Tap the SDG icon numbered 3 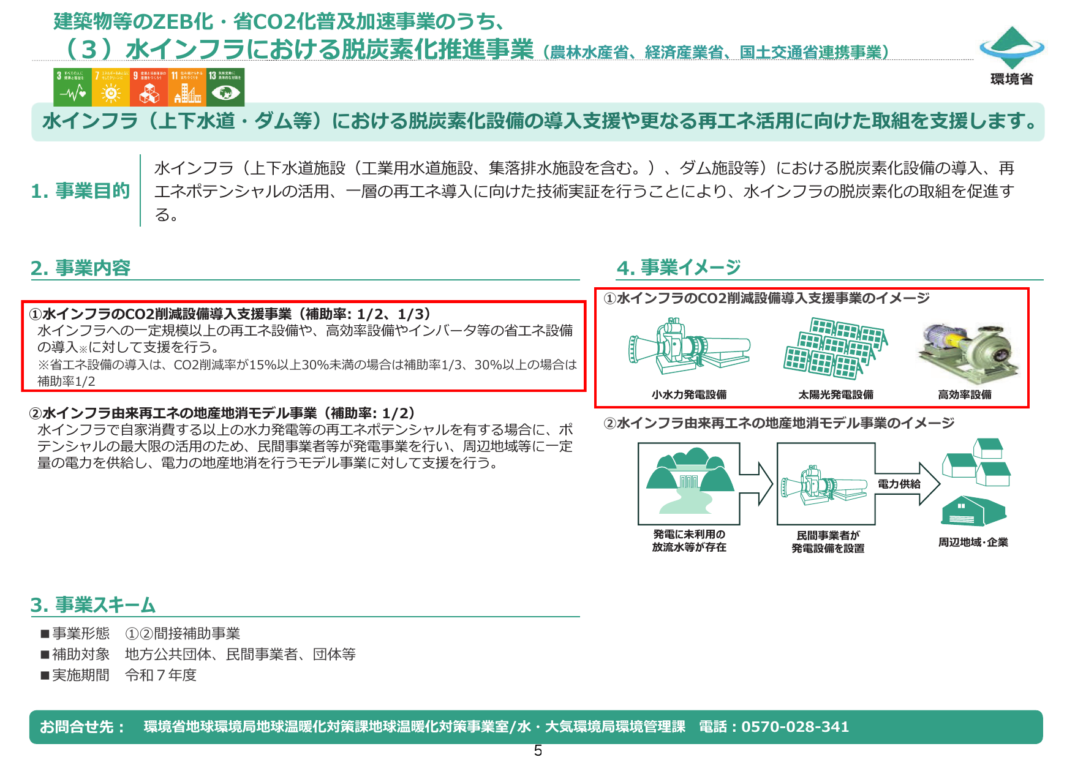(x=72, y=87)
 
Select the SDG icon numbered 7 (x=110, y=87)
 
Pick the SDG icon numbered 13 (x=225, y=87)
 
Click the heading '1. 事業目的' (x=80, y=191)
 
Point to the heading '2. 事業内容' (x=80, y=268)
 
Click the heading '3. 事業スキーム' (x=92, y=605)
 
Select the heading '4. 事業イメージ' (x=679, y=268)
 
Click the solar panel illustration (x=835, y=348)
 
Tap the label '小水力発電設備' (x=689, y=395)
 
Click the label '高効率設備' (x=965, y=395)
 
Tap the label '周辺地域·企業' (x=973, y=543)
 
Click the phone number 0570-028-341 (x=795, y=727)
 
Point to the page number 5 (x=538, y=751)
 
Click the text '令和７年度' (x=160, y=675)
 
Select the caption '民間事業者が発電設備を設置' (x=828, y=542)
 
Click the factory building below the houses (x=973, y=511)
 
